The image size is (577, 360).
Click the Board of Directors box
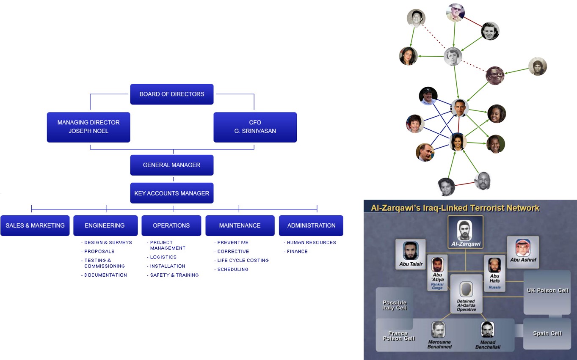pyautogui.click(x=171, y=94)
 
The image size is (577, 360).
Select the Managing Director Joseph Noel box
pyautogui.click(x=88, y=127)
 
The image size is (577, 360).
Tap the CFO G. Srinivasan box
pyautogui.click(x=255, y=127)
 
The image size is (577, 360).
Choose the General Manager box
pyautogui.click(x=171, y=165)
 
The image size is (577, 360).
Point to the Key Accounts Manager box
pyautogui.click(x=171, y=193)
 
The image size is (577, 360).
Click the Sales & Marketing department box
pyautogui.click(x=35, y=225)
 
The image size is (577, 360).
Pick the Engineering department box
pyautogui.click(x=105, y=225)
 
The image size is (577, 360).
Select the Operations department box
pyautogui.click(x=171, y=225)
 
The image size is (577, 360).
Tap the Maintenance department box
pyautogui.click(x=240, y=225)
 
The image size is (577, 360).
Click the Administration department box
pyautogui.click(x=311, y=225)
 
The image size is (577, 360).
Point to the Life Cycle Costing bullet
pyautogui.click(x=243, y=261)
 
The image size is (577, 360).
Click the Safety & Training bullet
pyautogui.click(x=174, y=275)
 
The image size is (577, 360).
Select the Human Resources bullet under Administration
pyautogui.click(x=311, y=242)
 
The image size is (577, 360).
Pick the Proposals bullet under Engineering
pyautogui.click(x=99, y=251)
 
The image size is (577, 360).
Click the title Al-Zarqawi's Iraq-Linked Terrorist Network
pyautogui.click(x=455, y=208)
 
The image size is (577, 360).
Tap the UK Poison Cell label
pyautogui.click(x=547, y=291)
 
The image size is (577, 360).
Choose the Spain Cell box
pyautogui.click(x=547, y=333)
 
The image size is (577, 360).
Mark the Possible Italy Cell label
pyautogui.click(x=395, y=305)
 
